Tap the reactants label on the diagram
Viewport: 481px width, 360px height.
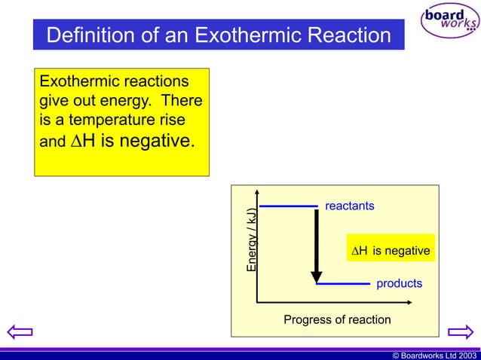pos(349,206)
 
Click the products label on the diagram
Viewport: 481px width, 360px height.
pos(399,284)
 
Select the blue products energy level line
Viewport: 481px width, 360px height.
pos(344,285)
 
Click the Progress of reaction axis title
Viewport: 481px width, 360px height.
pos(337,320)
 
